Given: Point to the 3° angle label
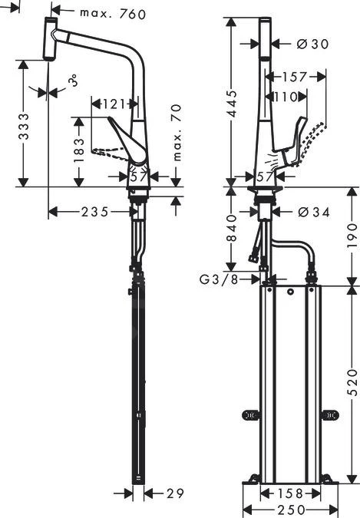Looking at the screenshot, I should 73,81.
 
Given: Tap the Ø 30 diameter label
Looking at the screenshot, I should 312,45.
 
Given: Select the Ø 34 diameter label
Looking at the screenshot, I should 312,212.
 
